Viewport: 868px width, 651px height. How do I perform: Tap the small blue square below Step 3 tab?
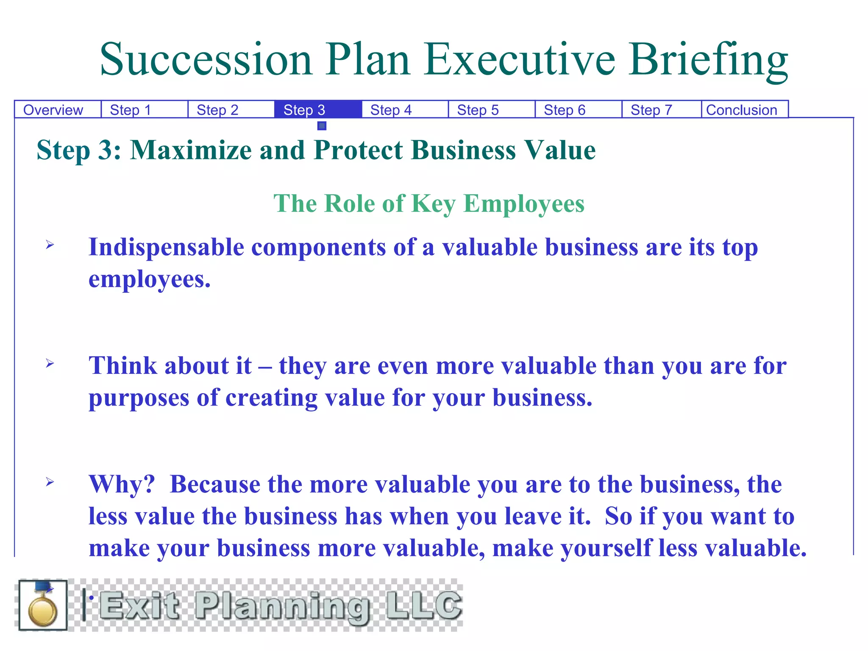[x=322, y=126]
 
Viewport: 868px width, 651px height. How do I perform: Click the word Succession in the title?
[x=206, y=60]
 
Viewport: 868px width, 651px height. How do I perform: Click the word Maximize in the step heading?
[x=191, y=150]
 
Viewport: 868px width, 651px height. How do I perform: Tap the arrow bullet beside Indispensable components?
[x=50, y=245]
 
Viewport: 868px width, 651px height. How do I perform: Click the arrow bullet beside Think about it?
[x=50, y=363]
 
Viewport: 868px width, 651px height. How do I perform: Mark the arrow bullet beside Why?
[x=50, y=482]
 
